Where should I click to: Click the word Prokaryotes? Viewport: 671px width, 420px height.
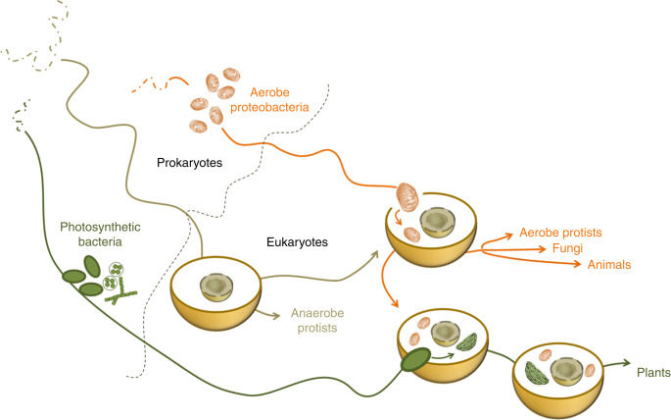click(x=190, y=163)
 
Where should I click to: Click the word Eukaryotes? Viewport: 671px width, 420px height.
click(x=297, y=242)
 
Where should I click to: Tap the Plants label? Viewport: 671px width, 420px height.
click(x=653, y=373)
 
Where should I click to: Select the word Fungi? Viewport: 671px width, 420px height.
click(x=567, y=248)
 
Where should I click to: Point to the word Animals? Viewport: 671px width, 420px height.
click(x=609, y=264)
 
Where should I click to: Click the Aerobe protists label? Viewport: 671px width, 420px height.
click(x=560, y=233)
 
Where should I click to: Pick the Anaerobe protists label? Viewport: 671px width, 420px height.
click(x=317, y=321)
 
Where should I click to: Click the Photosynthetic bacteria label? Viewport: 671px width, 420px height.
click(x=100, y=234)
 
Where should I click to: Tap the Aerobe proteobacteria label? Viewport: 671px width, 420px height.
click(x=269, y=99)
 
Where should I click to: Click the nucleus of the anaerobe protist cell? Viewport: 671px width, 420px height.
click(x=216, y=288)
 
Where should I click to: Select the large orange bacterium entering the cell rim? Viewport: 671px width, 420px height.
click(x=407, y=197)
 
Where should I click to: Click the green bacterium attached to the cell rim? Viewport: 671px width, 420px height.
click(x=415, y=359)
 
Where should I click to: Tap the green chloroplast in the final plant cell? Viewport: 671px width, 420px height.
click(x=536, y=373)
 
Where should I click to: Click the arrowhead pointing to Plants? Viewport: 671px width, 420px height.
click(x=627, y=363)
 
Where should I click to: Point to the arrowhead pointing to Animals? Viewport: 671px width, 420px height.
click(x=577, y=264)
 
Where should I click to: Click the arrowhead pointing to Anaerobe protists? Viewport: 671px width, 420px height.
click(x=275, y=316)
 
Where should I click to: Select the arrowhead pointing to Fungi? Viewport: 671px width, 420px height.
click(x=542, y=248)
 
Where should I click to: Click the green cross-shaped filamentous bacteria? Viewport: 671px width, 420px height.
click(x=121, y=291)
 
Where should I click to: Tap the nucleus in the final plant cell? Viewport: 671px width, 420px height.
click(x=567, y=372)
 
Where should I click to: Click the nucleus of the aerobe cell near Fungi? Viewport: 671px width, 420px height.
click(x=438, y=222)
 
